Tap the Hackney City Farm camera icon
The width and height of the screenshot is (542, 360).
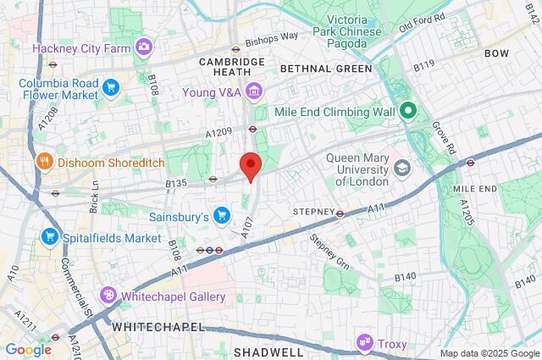145,47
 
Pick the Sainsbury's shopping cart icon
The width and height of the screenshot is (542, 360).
222,217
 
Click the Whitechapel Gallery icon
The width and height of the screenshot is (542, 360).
108,296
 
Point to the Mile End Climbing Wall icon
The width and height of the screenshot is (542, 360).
408,110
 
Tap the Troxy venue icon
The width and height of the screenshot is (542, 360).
365,343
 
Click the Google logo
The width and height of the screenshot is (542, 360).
28,349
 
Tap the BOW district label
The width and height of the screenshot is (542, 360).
496,53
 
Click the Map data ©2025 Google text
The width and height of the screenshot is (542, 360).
488,352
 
